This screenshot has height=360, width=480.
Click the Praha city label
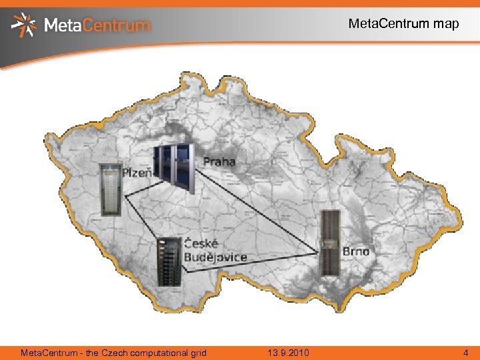coord(219,162)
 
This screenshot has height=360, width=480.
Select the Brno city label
coord(356,251)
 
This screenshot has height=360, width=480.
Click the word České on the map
coord(201,243)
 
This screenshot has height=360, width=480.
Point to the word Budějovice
coord(215,257)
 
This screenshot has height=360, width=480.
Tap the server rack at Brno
coord(329,243)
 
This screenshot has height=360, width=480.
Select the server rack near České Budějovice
coord(169,261)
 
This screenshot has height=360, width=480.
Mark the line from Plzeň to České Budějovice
coord(141,213)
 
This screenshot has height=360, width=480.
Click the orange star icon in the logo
coord(25,25)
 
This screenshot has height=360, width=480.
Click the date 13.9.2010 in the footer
coord(289,352)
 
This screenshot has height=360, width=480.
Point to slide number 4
coord(466,352)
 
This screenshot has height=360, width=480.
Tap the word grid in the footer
coord(197,352)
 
